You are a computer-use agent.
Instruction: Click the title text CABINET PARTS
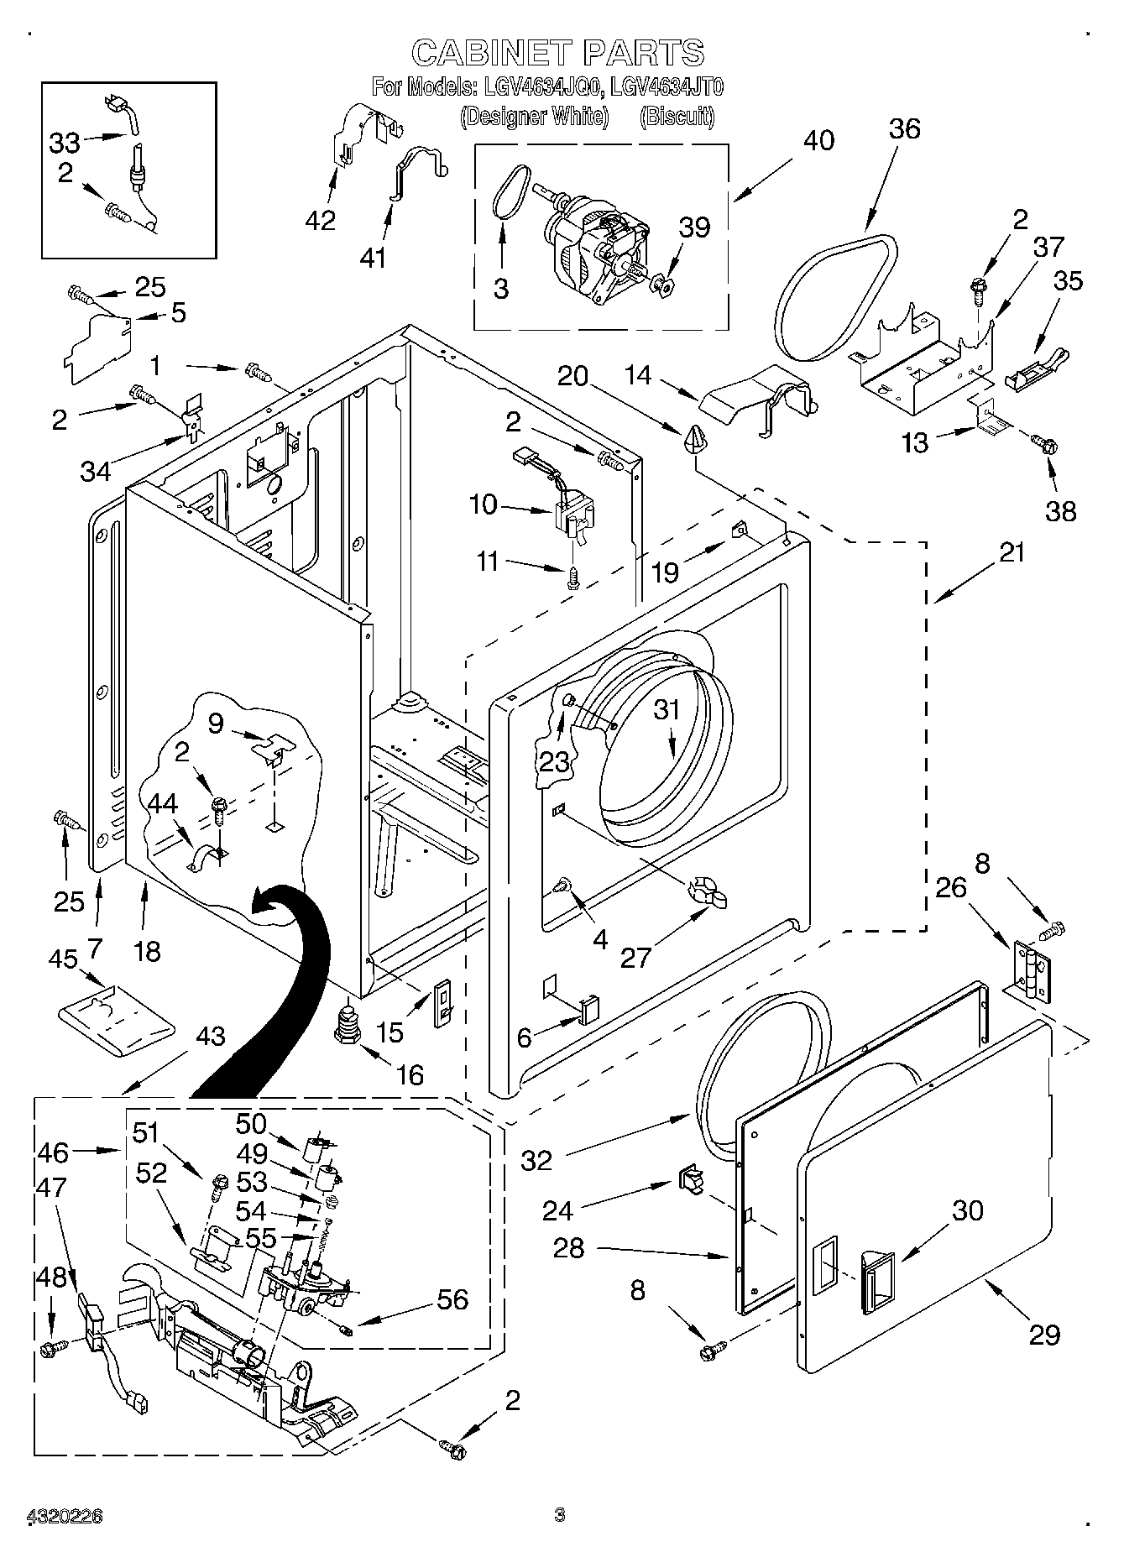[557, 53]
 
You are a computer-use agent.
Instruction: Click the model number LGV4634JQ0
[537, 86]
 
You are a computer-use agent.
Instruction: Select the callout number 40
[818, 140]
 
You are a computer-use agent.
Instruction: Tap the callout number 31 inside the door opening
[667, 709]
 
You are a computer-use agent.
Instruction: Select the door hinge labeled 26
[1031, 969]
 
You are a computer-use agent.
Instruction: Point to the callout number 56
[452, 1299]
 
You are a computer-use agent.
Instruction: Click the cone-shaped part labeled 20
[695, 438]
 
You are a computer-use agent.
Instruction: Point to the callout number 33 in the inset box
[65, 142]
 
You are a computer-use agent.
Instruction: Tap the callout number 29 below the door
[1045, 1335]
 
